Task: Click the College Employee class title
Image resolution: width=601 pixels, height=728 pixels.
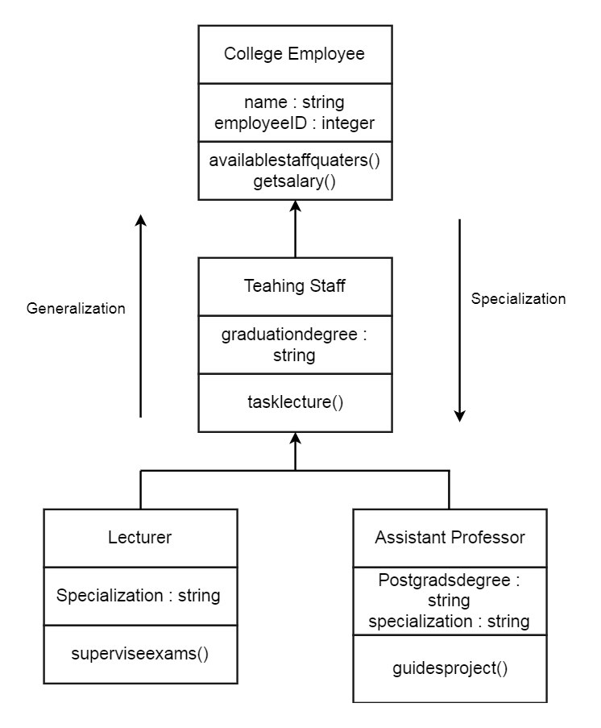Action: click(294, 55)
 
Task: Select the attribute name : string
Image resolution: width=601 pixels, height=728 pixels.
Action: click(294, 103)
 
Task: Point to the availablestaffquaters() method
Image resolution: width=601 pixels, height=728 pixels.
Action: click(294, 160)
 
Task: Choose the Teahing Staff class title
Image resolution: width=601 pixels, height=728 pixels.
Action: click(294, 285)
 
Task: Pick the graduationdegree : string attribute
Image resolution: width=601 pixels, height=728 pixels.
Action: click(294, 344)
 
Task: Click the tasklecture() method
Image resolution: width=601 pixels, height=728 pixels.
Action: click(294, 401)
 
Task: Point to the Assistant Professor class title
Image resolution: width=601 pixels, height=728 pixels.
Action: click(450, 537)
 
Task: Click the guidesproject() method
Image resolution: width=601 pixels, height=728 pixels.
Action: click(450, 668)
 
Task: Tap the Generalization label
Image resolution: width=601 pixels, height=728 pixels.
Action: click(76, 309)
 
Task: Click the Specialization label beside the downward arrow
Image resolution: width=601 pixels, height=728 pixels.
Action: click(518, 299)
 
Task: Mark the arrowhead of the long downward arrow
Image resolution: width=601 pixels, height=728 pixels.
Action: click(459, 415)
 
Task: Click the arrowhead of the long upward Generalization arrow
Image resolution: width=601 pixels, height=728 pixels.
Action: click(140, 221)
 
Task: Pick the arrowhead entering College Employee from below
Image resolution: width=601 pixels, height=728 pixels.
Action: click(295, 207)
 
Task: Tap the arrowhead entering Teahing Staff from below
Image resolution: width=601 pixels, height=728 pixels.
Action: click(295, 439)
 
